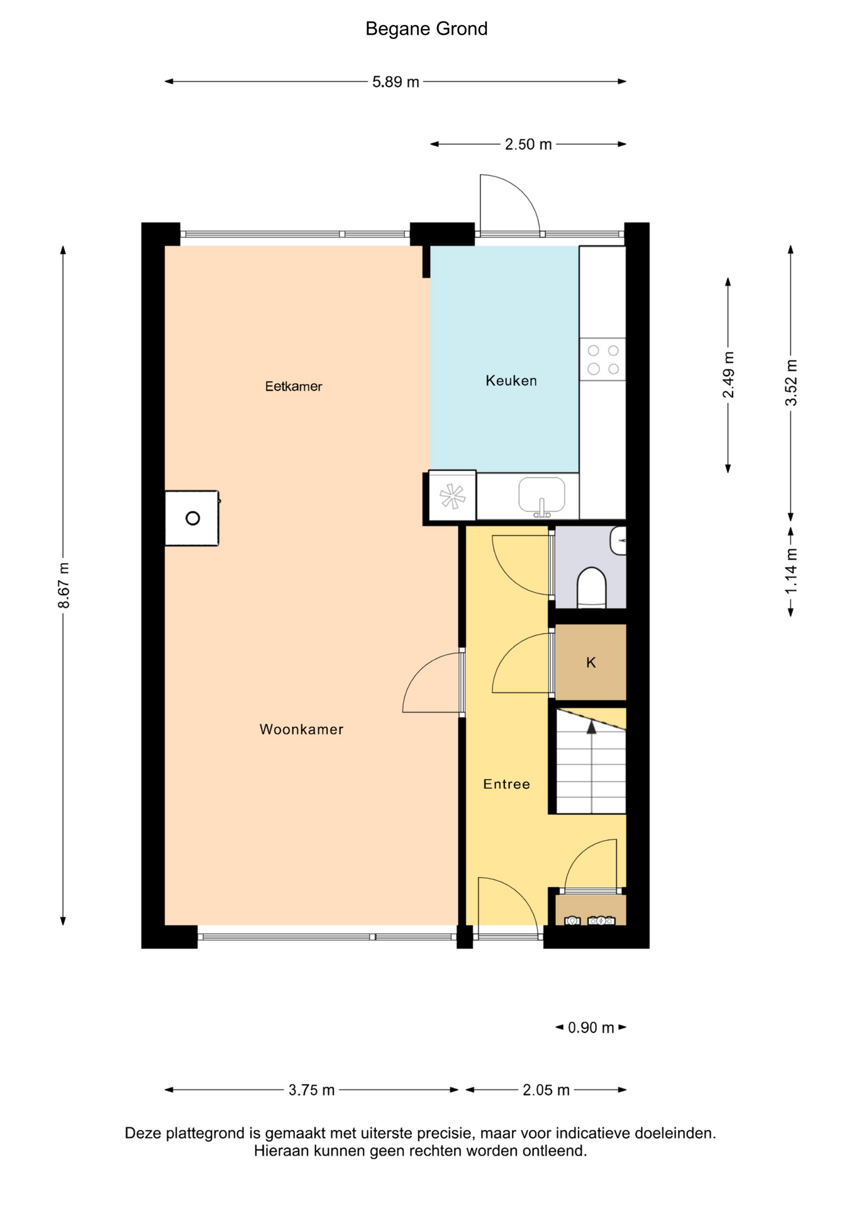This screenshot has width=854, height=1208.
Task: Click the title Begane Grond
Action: pyautogui.click(x=426, y=29)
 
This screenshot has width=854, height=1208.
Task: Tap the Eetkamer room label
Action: pyautogui.click(x=294, y=386)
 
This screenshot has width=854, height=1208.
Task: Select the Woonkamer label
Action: pyautogui.click(x=301, y=729)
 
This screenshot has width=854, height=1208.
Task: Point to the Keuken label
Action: pyautogui.click(x=511, y=381)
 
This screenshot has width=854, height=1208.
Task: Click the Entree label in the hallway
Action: pyautogui.click(x=506, y=784)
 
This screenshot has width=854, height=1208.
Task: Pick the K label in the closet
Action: pyautogui.click(x=591, y=662)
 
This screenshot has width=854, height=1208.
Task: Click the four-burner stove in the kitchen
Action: pyautogui.click(x=602, y=359)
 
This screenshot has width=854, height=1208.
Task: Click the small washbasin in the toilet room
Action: pyautogui.click(x=618, y=540)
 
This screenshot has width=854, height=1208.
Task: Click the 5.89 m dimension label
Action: pyautogui.click(x=396, y=82)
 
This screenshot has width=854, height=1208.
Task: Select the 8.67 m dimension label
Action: pyautogui.click(x=64, y=585)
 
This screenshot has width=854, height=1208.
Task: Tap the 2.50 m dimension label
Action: pyautogui.click(x=528, y=144)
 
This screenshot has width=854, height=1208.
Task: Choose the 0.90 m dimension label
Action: pyautogui.click(x=591, y=1027)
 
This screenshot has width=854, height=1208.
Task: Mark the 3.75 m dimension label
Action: pyautogui.click(x=311, y=1090)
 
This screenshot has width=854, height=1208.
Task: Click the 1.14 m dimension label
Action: pyautogui.click(x=791, y=571)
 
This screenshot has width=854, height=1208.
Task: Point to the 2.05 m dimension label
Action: pyautogui.click(x=546, y=1090)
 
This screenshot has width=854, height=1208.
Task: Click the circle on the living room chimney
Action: pyautogui.click(x=192, y=518)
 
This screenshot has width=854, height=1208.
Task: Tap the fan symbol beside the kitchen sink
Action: pyautogui.click(x=452, y=496)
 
